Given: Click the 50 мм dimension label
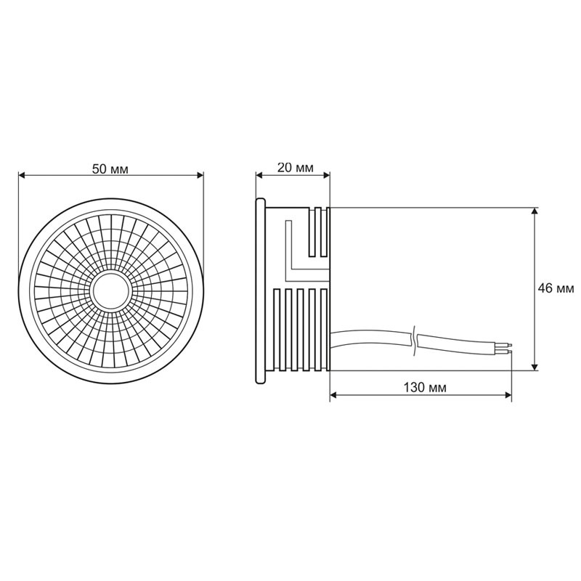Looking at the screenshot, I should coord(110,168).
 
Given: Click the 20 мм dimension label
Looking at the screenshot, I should coord(296,168).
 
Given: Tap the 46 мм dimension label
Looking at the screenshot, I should coord(556,288).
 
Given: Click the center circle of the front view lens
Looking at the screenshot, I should coord(111,292).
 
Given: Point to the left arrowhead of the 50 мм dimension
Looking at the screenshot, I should coord(23,175).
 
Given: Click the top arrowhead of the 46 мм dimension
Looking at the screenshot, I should coord(535,213).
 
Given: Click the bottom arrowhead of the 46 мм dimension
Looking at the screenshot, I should coord(535,366).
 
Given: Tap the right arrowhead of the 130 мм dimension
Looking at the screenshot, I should coord(508,396).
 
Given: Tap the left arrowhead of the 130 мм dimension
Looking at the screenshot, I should coord(335,396).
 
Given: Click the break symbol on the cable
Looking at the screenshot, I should coord(415,340).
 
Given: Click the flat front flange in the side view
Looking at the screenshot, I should coord(259,289).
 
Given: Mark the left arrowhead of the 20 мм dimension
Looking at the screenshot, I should coord(259,175).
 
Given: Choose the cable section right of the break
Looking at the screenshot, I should coord(458,342).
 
